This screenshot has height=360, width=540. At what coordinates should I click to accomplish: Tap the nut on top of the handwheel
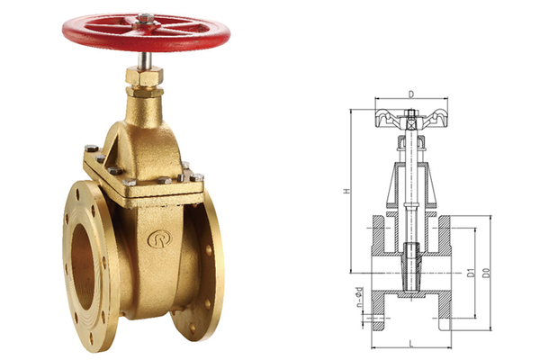[x=146, y=18]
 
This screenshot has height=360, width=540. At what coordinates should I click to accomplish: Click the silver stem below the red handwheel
[x=145, y=60]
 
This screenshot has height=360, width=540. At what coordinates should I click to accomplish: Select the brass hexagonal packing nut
[x=144, y=76]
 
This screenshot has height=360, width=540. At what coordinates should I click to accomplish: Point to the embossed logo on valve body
[x=160, y=238]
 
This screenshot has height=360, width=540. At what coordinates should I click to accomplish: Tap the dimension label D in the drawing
[x=410, y=94]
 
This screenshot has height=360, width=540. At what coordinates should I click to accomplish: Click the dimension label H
[x=347, y=191]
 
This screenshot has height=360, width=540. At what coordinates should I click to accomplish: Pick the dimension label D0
[x=486, y=272]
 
